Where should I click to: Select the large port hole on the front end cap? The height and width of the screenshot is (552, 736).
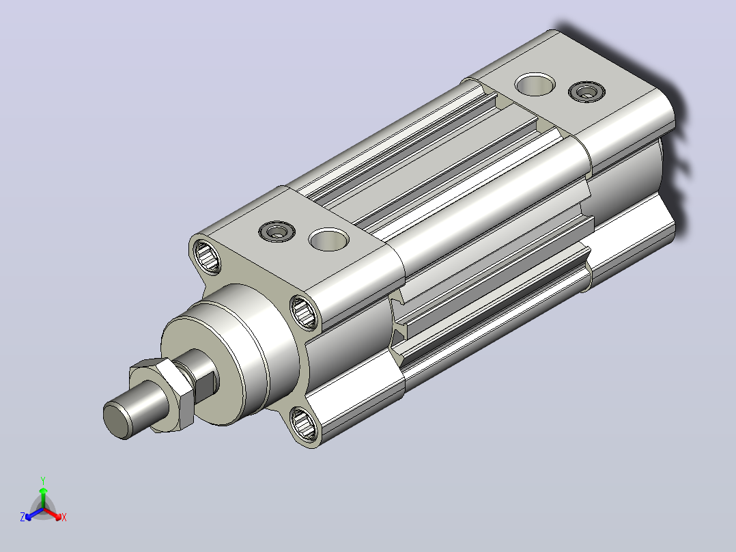pyautogui.click(x=329, y=239)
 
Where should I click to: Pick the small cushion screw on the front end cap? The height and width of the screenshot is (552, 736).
pyautogui.click(x=277, y=231)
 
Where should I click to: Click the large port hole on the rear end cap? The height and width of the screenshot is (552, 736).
pyautogui.click(x=535, y=84)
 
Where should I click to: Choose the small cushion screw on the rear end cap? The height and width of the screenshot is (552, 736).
pyautogui.click(x=586, y=92)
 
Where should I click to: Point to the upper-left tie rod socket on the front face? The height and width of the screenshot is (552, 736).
pyautogui.click(x=207, y=256)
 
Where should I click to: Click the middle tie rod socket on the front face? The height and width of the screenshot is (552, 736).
pyautogui.click(x=304, y=312)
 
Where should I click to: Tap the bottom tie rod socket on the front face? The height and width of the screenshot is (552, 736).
pyautogui.click(x=302, y=424)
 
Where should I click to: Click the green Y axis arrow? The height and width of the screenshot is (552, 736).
pyautogui.click(x=43, y=497)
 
